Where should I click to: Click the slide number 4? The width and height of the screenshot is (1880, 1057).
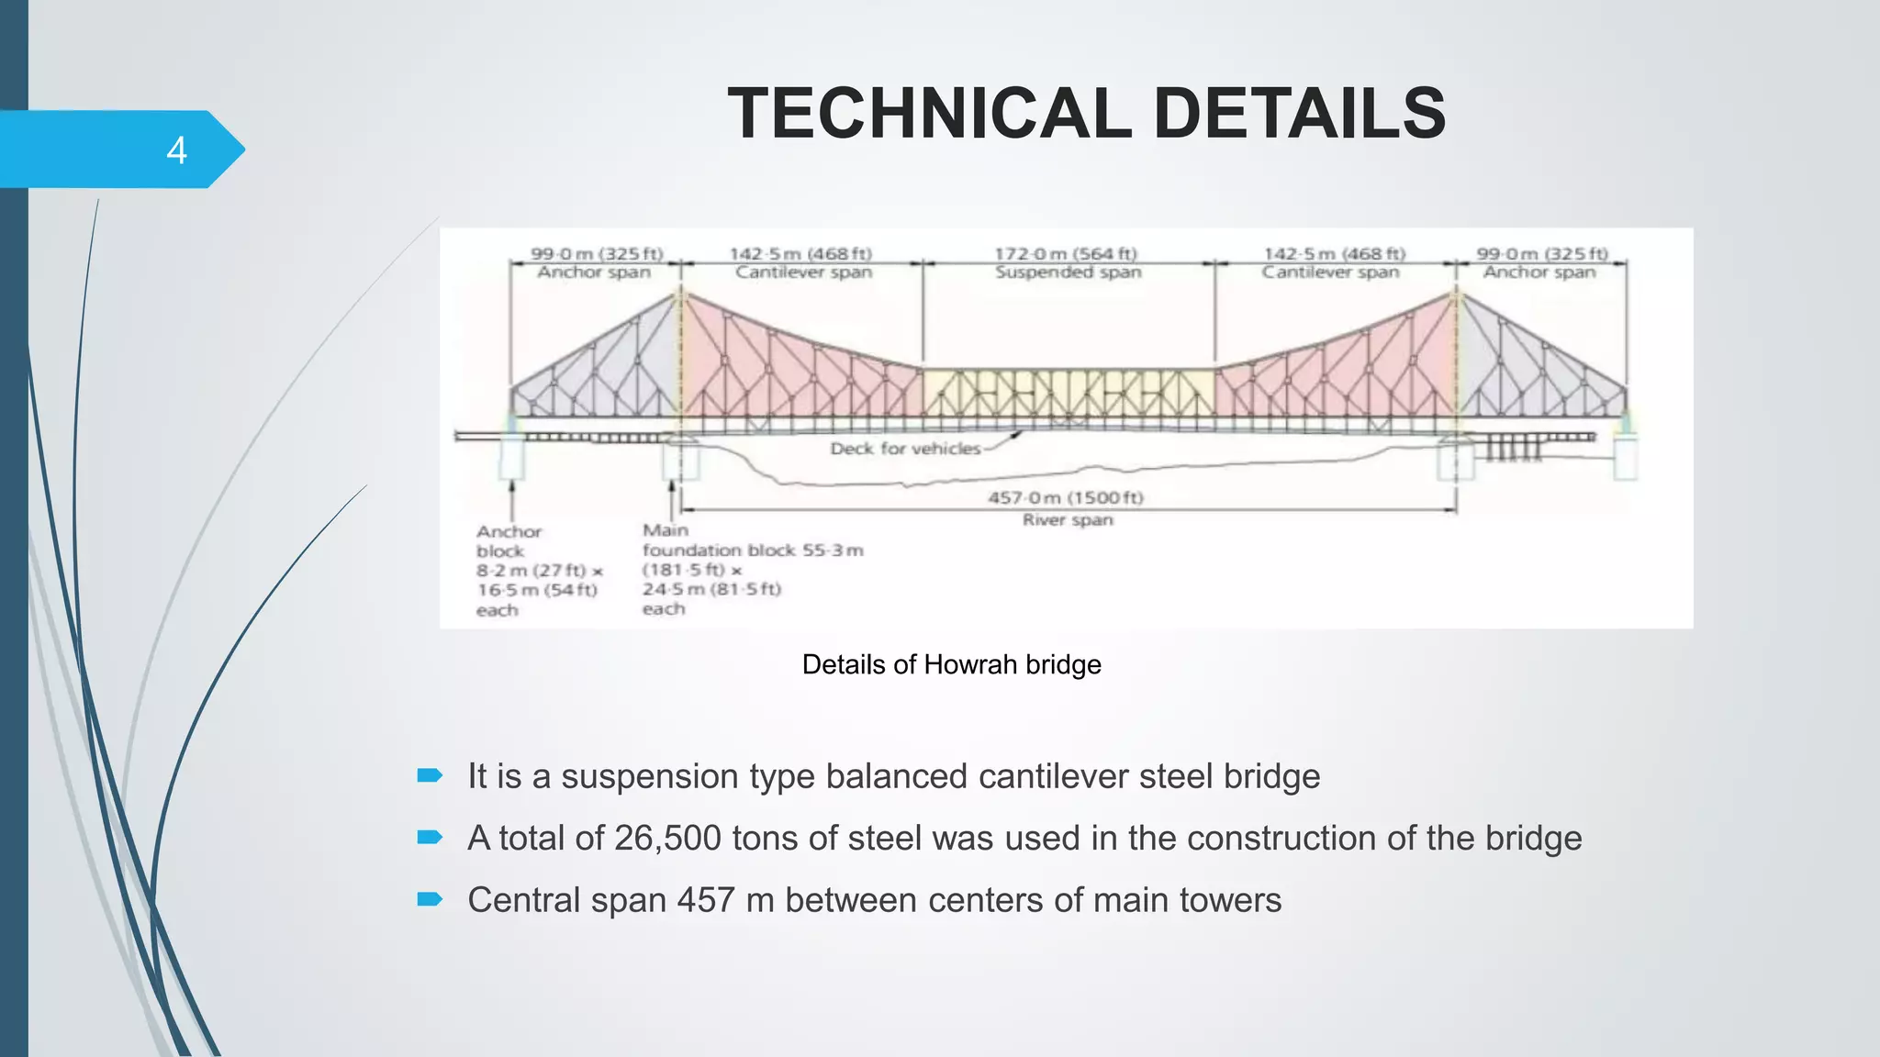(x=176, y=150)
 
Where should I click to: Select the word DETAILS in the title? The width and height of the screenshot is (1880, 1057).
(x=1299, y=114)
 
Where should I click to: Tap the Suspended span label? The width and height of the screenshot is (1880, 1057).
(x=1069, y=273)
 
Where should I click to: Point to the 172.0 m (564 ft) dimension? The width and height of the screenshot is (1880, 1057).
(x=1066, y=253)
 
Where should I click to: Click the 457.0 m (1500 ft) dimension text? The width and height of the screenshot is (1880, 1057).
(x=1066, y=497)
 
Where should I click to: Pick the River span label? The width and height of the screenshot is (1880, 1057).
(x=1068, y=520)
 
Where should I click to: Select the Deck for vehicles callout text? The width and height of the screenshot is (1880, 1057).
(x=905, y=449)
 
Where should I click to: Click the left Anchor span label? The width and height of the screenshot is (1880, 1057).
(x=594, y=273)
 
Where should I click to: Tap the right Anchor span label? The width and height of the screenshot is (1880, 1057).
(x=1539, y=273)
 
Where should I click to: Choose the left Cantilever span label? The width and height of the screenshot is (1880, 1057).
(x=803, y=273)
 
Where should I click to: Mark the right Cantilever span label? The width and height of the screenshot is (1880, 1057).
(x=1330, y=273)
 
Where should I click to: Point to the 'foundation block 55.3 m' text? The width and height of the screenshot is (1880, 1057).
(x=753, y=551)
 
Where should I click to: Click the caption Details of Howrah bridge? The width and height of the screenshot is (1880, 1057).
(x=951, y=664)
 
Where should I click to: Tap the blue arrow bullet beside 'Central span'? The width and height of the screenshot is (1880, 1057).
(x=430, y=899)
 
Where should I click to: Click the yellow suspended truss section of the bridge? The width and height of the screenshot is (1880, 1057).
(x=1069, y=393)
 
